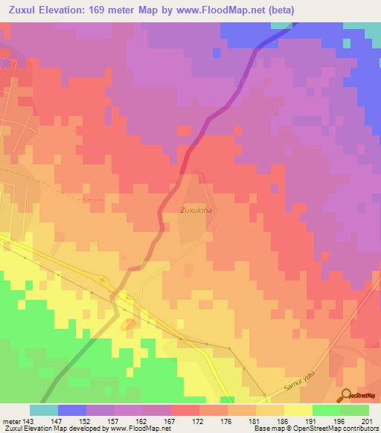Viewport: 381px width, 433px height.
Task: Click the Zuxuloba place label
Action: tap(196, 211)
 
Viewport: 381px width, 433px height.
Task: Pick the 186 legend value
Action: tap(271, 420)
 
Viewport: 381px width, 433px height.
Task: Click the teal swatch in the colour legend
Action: tap(44, 410)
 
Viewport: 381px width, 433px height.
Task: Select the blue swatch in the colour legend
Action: tap(72, 410)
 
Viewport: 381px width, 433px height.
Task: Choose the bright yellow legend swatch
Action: tap(298, 410)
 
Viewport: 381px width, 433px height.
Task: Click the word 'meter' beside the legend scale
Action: tap(9, 420)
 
